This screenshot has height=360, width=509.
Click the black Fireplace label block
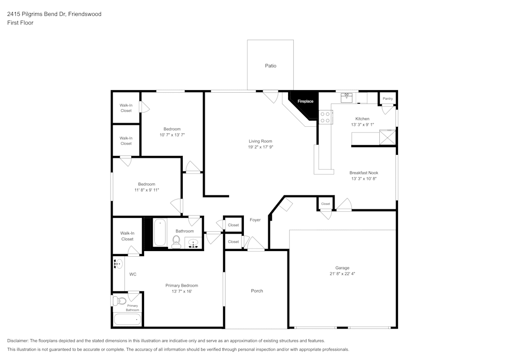305,101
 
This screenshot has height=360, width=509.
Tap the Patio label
271,66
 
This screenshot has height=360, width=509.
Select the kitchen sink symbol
348,95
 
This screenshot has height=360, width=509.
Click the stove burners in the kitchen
325,118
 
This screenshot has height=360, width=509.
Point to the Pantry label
388,99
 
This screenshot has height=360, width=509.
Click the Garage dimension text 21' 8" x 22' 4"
342,273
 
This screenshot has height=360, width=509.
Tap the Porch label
257,291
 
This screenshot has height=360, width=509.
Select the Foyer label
255,220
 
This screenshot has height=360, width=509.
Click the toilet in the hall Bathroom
177,241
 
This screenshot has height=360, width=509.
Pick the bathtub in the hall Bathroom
160,234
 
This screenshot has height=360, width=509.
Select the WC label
132,274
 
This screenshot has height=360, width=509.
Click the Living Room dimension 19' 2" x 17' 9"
260,147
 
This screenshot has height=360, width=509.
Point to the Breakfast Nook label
363,173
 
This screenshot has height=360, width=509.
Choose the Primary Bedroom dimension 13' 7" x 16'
182,291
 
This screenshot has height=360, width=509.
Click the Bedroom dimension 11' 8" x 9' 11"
147,190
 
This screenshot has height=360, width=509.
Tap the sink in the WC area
118,264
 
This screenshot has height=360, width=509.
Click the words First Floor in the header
20,23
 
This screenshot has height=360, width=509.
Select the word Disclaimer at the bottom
18,341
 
